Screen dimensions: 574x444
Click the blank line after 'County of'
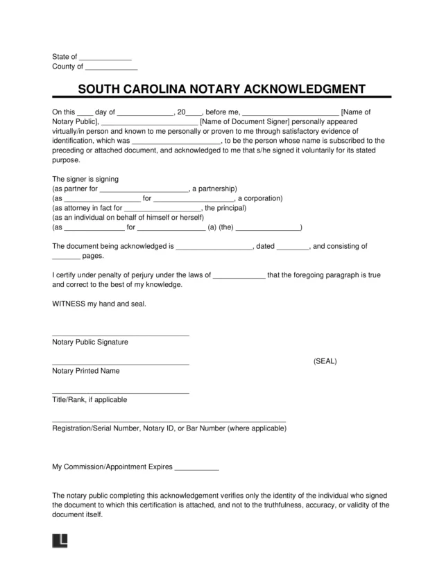111,68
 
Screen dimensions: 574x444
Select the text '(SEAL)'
325,361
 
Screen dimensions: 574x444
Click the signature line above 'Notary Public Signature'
121,335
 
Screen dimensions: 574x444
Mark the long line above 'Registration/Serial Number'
169,421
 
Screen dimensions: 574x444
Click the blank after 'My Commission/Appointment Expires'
197,469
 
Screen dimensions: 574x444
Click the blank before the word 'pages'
67,256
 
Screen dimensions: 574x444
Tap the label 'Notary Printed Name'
86,371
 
